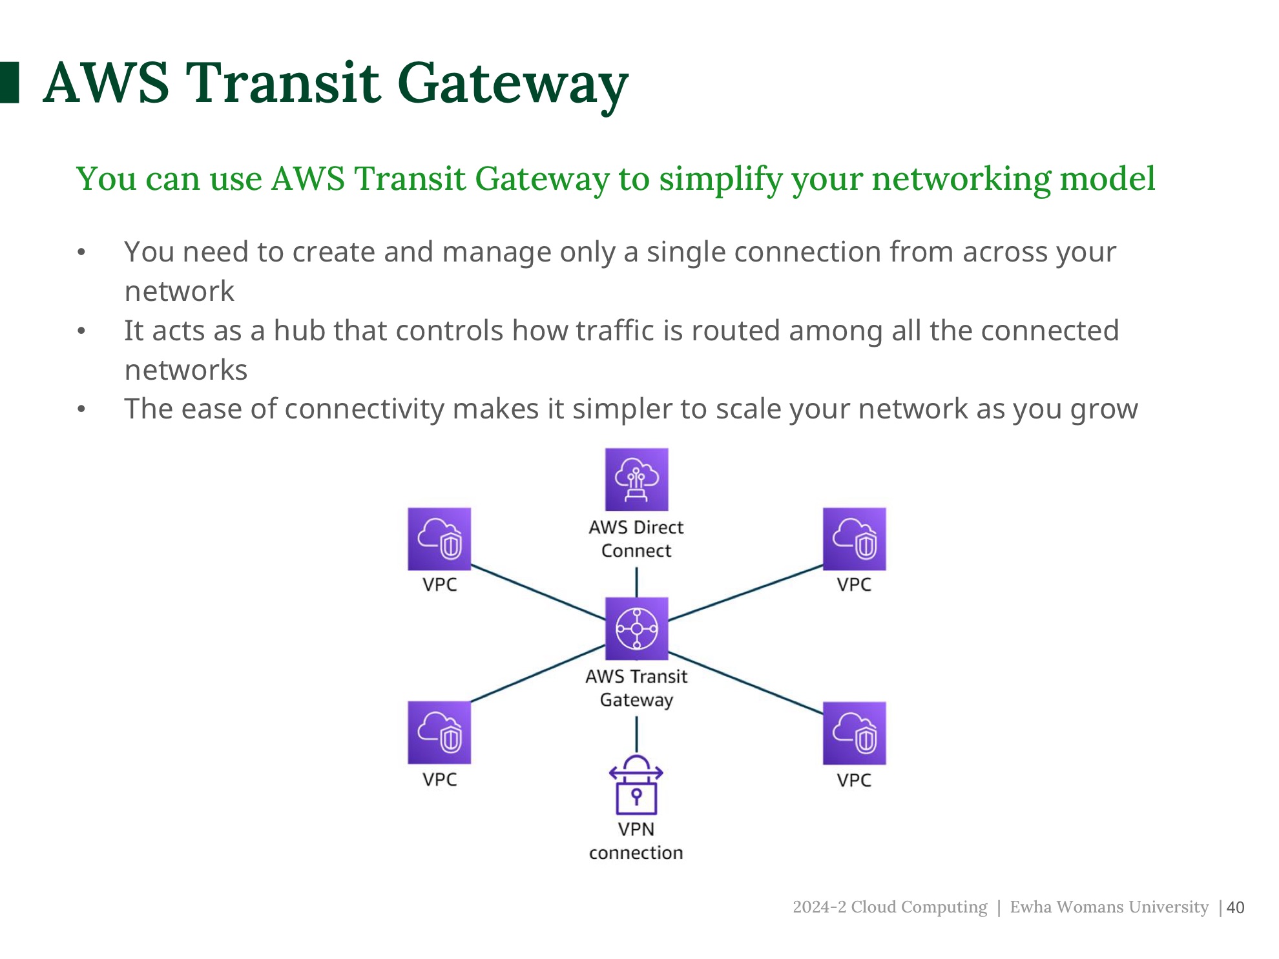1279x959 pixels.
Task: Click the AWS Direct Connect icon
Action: pyautogui.click(x=636, y=479)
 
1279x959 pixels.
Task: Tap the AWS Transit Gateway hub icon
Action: pyautogui.click(x=636, y=628)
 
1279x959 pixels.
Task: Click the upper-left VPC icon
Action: pyautogui.click(x=439, y=539)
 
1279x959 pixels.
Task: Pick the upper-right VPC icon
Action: pyautogui.click(x=854, y=539)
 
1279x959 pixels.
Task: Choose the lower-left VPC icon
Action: pyautogui.click(x=439, y=733)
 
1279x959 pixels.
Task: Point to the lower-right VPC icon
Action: pyautogui.click(x=854, y=733)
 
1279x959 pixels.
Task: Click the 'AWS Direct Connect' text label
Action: pyautogui.click(x=636, y=539)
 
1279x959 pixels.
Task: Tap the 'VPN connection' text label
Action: pyautogui.click(x=636, y=841)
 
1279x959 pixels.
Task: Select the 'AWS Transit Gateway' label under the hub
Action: pyautogui.click(x=636, y=688)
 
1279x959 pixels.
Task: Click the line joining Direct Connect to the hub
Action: pyautogui.click(x=637, y=583)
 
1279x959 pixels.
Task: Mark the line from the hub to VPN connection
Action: pyautogui.click(x=637, y=734)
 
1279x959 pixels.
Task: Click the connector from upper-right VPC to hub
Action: pyautogui.click(x=746, y=592)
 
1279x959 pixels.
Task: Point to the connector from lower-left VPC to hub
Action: pyautogui.click(x=537, y=674)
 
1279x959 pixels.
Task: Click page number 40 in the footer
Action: pyautogui.click(x=1235, y=907)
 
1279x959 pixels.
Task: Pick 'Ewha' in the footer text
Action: pyautogui.click(x=1031, y=907)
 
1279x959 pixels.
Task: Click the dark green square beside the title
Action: pyautogui.click(x=9, y=83)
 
